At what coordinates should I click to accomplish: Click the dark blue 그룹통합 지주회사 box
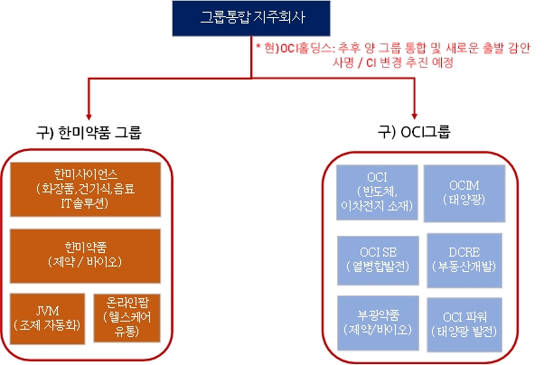click(253, 18)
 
